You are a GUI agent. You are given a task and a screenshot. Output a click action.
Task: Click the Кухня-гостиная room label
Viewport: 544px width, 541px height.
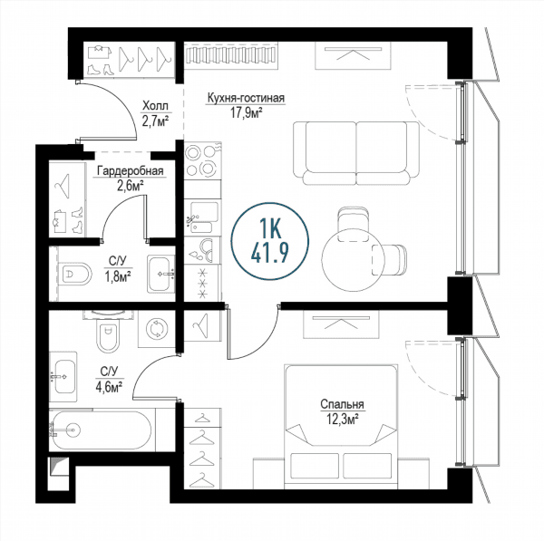point(246,98)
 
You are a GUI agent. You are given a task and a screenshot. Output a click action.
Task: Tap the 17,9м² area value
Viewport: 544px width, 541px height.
point(246,112)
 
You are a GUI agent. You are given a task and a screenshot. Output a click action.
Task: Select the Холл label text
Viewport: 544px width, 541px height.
point(155,105)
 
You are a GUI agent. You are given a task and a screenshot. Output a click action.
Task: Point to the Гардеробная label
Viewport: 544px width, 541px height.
point(130,171)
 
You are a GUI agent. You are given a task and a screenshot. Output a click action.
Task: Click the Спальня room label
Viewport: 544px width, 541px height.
point(342,404)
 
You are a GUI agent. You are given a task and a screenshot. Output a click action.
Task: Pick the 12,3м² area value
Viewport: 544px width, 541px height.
point(342,419)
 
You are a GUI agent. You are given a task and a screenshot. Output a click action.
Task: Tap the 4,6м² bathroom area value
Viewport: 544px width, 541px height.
point(109,386)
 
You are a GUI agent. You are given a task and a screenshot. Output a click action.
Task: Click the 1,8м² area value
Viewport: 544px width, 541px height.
point(118,276)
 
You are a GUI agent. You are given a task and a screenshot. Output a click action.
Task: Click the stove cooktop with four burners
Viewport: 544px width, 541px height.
point(202,160)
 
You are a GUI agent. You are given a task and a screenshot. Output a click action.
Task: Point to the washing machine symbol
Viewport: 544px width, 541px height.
point(157,329)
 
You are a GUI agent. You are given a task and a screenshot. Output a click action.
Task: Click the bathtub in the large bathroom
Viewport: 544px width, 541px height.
point(102,430)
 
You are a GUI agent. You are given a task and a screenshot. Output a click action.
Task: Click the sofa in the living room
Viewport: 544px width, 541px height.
point(356,153)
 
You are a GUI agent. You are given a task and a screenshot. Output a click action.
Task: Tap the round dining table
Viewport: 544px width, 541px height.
point(354,259)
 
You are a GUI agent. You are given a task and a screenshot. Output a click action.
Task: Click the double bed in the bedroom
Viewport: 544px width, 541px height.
point(341,427)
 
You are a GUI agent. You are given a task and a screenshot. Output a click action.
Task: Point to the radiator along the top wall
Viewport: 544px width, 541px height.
point(231,54)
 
